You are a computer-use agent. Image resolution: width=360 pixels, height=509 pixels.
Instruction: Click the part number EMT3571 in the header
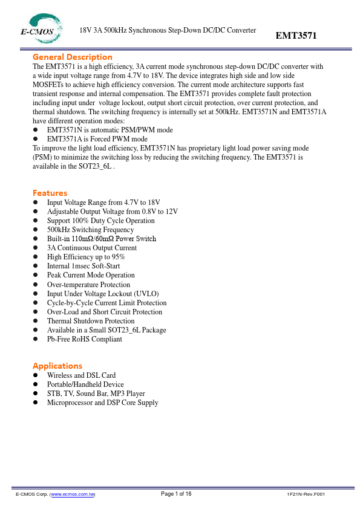pos(296,36)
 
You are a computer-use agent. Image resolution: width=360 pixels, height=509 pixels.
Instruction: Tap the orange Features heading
pos(50,193)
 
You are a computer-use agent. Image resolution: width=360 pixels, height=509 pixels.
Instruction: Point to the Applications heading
pos(57,366)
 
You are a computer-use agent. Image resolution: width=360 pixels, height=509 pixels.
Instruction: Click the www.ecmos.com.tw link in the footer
pos(73,494)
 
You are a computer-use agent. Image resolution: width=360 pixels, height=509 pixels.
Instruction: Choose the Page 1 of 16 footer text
pos(176,494)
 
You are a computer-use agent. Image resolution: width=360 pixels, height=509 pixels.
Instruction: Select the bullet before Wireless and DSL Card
pos(36,375)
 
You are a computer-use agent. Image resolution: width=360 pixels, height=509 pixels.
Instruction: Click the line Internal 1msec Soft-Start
pos(83,266)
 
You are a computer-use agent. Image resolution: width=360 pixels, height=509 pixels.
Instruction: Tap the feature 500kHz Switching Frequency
pos(90,230)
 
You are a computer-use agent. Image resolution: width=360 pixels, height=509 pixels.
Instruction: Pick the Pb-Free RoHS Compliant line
pos(85,339)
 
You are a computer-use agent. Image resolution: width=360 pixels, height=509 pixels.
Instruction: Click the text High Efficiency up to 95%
pos(86,257)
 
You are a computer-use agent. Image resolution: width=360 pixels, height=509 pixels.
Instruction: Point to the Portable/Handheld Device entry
pos(85,384)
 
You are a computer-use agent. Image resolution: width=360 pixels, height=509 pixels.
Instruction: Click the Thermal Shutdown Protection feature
pos(91,321)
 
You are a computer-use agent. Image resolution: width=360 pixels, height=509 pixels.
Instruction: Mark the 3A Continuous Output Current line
pos(92,248)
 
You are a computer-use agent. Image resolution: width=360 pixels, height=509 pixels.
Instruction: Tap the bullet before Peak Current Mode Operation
pos(36,275)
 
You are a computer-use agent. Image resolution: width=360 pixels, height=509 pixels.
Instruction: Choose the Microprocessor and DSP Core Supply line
pos(102,403)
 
